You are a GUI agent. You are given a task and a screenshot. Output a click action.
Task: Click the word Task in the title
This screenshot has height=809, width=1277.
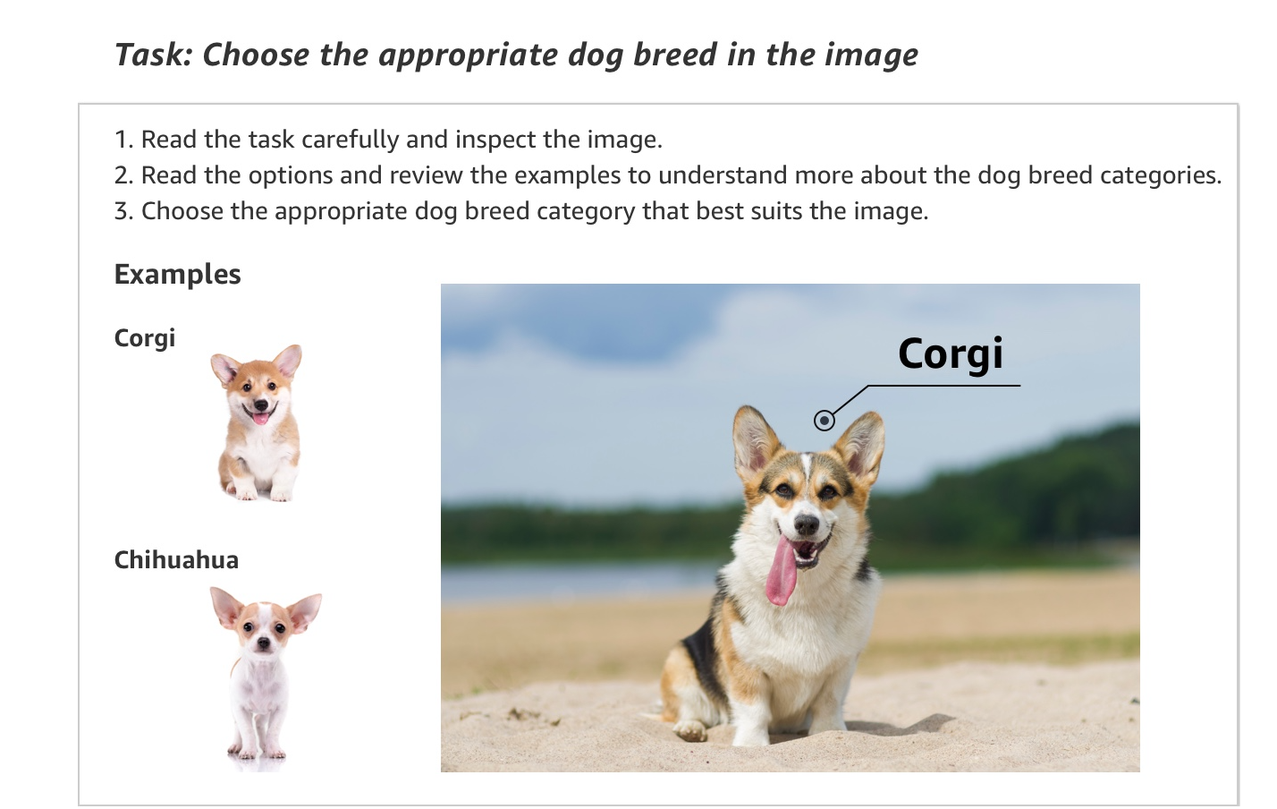pyautogui.click(x=148, y=55)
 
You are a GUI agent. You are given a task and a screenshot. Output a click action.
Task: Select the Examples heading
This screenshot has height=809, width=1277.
pyautogui.click(x=177, y=274)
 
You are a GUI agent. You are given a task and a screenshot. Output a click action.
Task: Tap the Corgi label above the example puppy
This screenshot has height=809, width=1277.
pyautogui.click(x=145, y=338)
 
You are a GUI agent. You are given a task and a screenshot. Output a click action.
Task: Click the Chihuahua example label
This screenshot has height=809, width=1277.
pyautogui.click(x=176, y=560)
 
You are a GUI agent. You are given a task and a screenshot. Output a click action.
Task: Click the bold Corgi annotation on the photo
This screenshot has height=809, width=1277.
pyautogui.click(x=950, y=354)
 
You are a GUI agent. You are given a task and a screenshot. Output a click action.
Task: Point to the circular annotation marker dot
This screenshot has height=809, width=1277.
pyautogui.click(x=825, y=420)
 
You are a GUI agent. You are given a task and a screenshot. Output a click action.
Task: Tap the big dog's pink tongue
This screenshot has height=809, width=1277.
pyautogui.click(x=782, y=574)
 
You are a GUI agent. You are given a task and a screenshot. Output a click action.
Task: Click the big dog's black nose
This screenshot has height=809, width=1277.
pyautogui.click(x=807, y=524)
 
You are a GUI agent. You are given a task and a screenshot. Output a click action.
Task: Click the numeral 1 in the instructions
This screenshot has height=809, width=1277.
pyautogui.click(x=123, y=141)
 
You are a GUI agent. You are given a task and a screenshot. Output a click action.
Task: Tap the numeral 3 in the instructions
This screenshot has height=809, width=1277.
pyautogui.click(x=123, y=212)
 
